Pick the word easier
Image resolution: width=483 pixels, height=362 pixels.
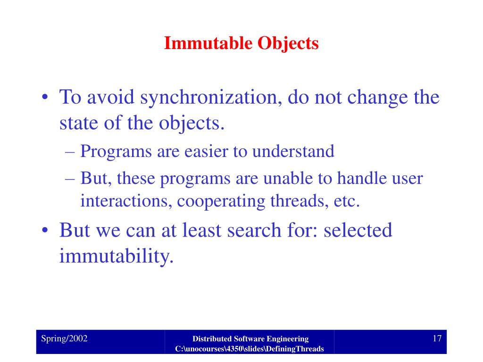(x=194, y=151)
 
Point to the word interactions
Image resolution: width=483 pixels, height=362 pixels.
(x=120, y=201)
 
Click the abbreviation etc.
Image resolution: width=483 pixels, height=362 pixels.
(x=347, y=201)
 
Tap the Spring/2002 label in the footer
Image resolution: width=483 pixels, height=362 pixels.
(x=64, y=338)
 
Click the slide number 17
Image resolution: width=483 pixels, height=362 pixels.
(x=436, y=338)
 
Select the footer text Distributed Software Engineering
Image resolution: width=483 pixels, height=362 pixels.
(x=250, y=338)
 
